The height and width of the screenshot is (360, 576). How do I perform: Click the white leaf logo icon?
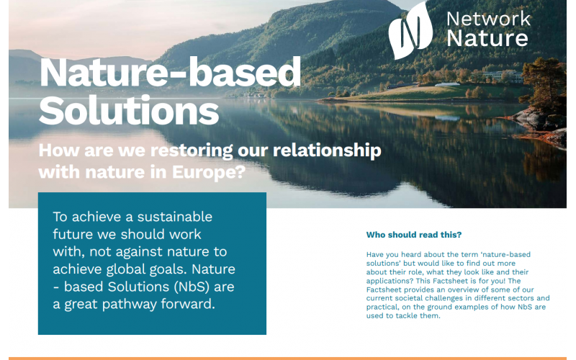(410, 30)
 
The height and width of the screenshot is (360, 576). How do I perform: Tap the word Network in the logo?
(489, 19)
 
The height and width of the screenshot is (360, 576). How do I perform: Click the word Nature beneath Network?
(487, 38)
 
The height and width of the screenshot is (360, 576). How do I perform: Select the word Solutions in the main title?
(129, 110)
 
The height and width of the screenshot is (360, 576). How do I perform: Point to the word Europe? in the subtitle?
(209, 171)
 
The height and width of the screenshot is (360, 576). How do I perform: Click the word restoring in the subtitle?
(192, 150)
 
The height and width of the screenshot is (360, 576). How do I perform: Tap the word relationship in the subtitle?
(327, 150)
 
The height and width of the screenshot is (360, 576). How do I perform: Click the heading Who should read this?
(413, 235)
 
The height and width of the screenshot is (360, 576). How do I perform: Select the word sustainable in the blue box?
(175, 217)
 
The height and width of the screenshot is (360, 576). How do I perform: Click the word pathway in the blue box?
(130, 305)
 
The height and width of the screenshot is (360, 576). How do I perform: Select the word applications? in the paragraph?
(386, 282)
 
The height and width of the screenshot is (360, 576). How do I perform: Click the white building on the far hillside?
(502, 76)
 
